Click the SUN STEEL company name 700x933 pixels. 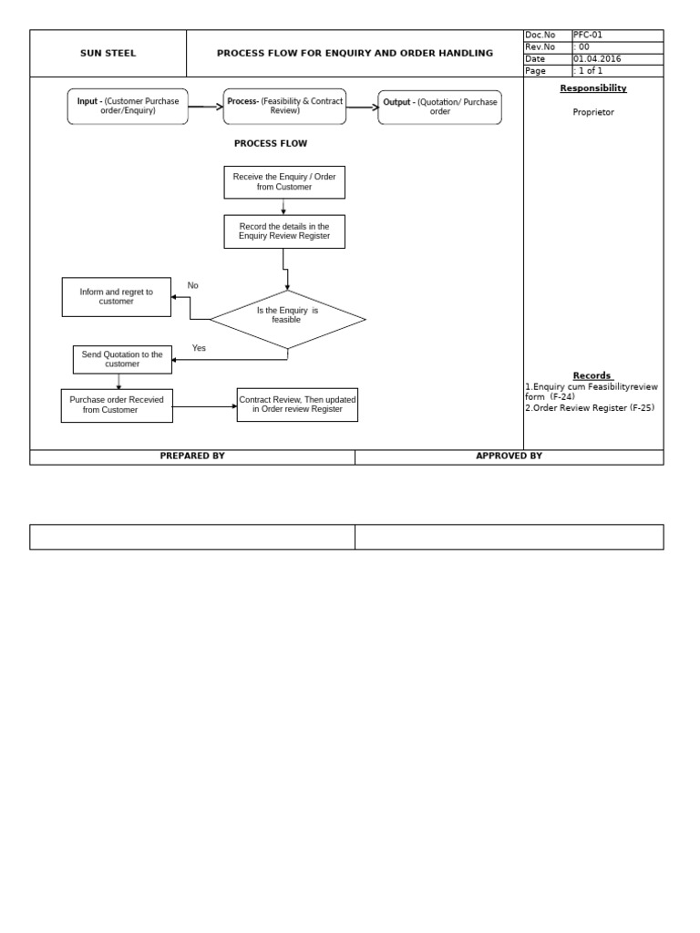(108, 54)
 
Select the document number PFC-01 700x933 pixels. (588, 36)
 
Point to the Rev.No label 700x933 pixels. (540, 47)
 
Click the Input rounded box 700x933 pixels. (128, 107)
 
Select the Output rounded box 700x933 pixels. (439, 108)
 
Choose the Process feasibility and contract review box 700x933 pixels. (284, 107)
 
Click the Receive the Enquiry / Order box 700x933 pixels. (284, 182)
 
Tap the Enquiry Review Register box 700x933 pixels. (284, 231)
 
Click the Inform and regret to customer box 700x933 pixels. (116, 297)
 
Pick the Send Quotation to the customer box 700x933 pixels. (122, 359)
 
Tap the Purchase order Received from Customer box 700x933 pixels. (117, 405)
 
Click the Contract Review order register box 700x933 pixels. (297, 405)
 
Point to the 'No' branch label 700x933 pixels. (192, 286)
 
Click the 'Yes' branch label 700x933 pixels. (199, 348)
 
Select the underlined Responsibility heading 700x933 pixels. (592, 88)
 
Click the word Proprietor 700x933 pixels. (592, 112)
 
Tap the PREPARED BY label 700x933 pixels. (192, 456)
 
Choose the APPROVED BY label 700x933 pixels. (509, 456)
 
